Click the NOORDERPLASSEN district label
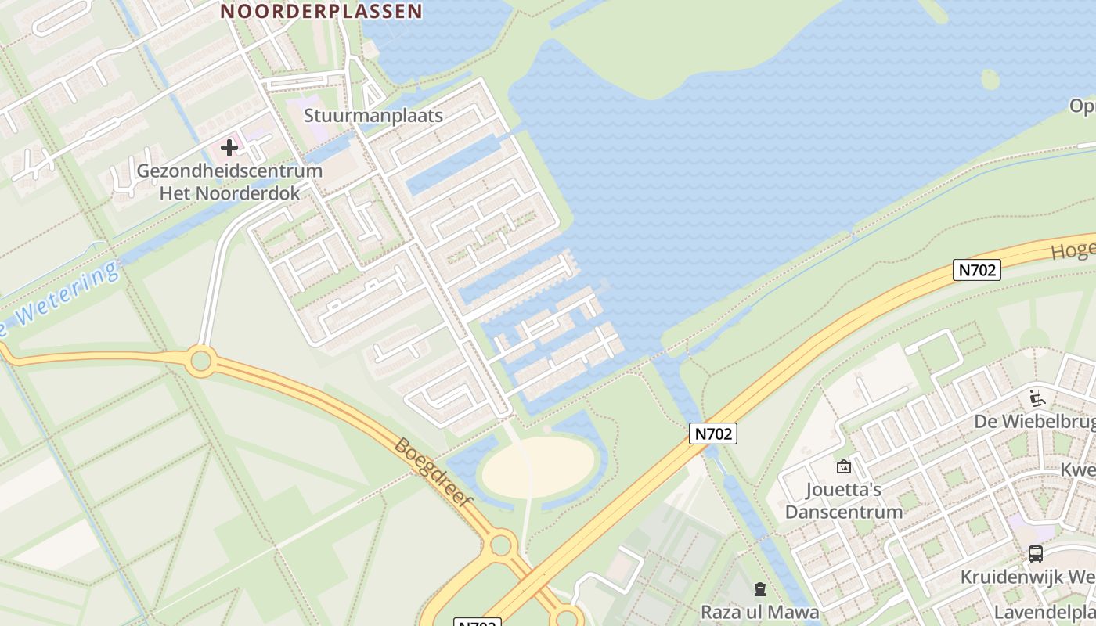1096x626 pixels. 321,11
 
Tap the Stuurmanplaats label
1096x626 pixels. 373,116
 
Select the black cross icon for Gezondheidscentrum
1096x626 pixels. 229,147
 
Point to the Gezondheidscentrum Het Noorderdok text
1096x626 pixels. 229,182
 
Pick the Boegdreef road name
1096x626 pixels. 433,473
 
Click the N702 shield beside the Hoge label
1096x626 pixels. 977,270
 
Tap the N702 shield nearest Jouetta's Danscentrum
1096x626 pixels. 713,433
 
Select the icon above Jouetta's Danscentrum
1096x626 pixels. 844,466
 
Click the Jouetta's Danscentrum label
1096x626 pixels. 844,501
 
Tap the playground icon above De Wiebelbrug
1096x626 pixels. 1037,398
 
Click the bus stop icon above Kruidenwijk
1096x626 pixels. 1035,554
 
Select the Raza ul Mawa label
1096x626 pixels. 759,612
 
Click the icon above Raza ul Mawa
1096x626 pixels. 759,589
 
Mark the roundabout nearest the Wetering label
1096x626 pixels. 201,361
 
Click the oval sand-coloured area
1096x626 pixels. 538,467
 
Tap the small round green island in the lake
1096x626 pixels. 990,79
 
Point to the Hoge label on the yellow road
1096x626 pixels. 1074,250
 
